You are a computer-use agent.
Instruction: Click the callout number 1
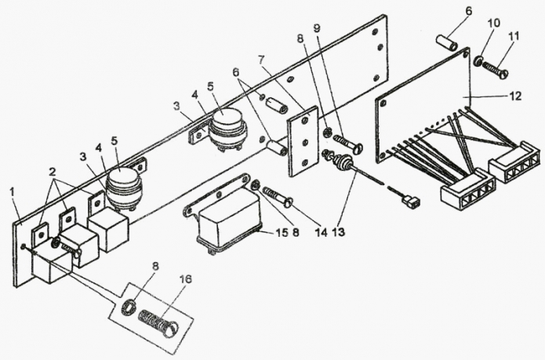[13, 191]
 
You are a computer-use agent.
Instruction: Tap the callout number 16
[186, 279]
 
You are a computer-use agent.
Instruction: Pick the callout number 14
[322, 232]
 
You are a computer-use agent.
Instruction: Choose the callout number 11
[514, 36]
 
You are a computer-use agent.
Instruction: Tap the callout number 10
[493, 23]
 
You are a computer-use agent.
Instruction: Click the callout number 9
[317, 28]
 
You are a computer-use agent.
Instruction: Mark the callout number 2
[52, 171]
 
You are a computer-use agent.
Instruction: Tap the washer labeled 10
[478, 61]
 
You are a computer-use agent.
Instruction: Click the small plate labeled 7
[303, 141]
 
